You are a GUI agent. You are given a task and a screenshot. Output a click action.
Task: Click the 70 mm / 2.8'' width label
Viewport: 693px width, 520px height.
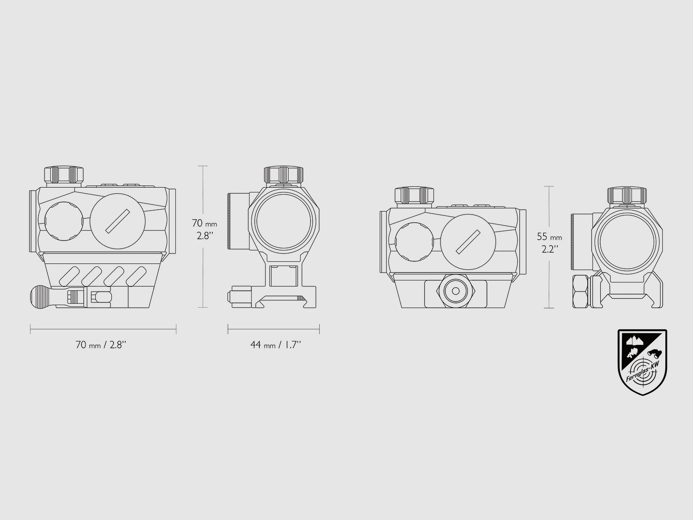(101, 345)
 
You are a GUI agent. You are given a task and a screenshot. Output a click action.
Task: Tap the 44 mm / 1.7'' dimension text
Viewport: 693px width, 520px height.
(275, 345)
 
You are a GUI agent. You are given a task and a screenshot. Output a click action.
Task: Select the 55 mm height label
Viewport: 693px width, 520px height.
(550, 243)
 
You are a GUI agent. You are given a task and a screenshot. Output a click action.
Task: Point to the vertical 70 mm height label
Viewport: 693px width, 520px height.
(204, 230)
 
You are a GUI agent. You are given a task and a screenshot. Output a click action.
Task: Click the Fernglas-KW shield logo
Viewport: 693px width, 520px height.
(642, 362)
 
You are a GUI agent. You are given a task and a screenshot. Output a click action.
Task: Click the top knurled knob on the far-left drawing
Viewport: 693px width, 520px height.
(64, 175)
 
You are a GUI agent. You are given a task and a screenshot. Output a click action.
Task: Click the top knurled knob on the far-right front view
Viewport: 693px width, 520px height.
(626, 196)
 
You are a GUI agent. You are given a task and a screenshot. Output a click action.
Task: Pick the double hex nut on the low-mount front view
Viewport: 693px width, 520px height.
(580, 291)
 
